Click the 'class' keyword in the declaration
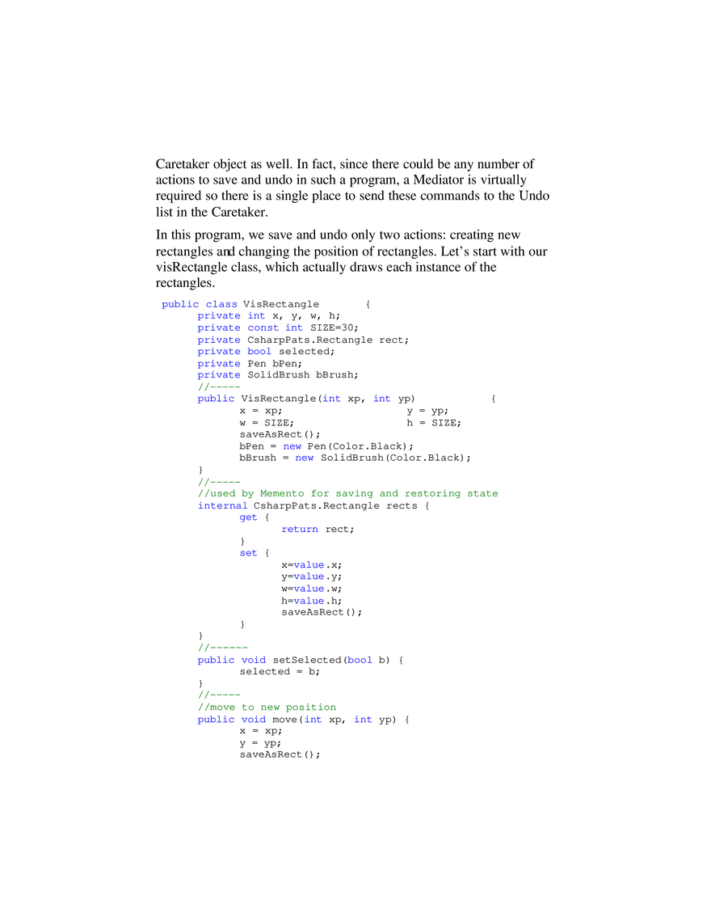221,304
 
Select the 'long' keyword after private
256,315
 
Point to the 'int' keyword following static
294,327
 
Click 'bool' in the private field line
259,352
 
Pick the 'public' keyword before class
179,304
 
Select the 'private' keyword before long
218,315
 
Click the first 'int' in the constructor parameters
332,399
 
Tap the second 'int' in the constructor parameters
381,399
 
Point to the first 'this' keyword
291,446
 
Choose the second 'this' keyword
305,458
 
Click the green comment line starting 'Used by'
348,493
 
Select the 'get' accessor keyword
248,518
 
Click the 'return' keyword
300,530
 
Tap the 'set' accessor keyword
248,553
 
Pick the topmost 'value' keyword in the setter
309,565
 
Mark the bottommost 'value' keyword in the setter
309,601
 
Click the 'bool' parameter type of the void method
360,660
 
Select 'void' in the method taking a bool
254,660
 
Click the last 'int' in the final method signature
363,719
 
